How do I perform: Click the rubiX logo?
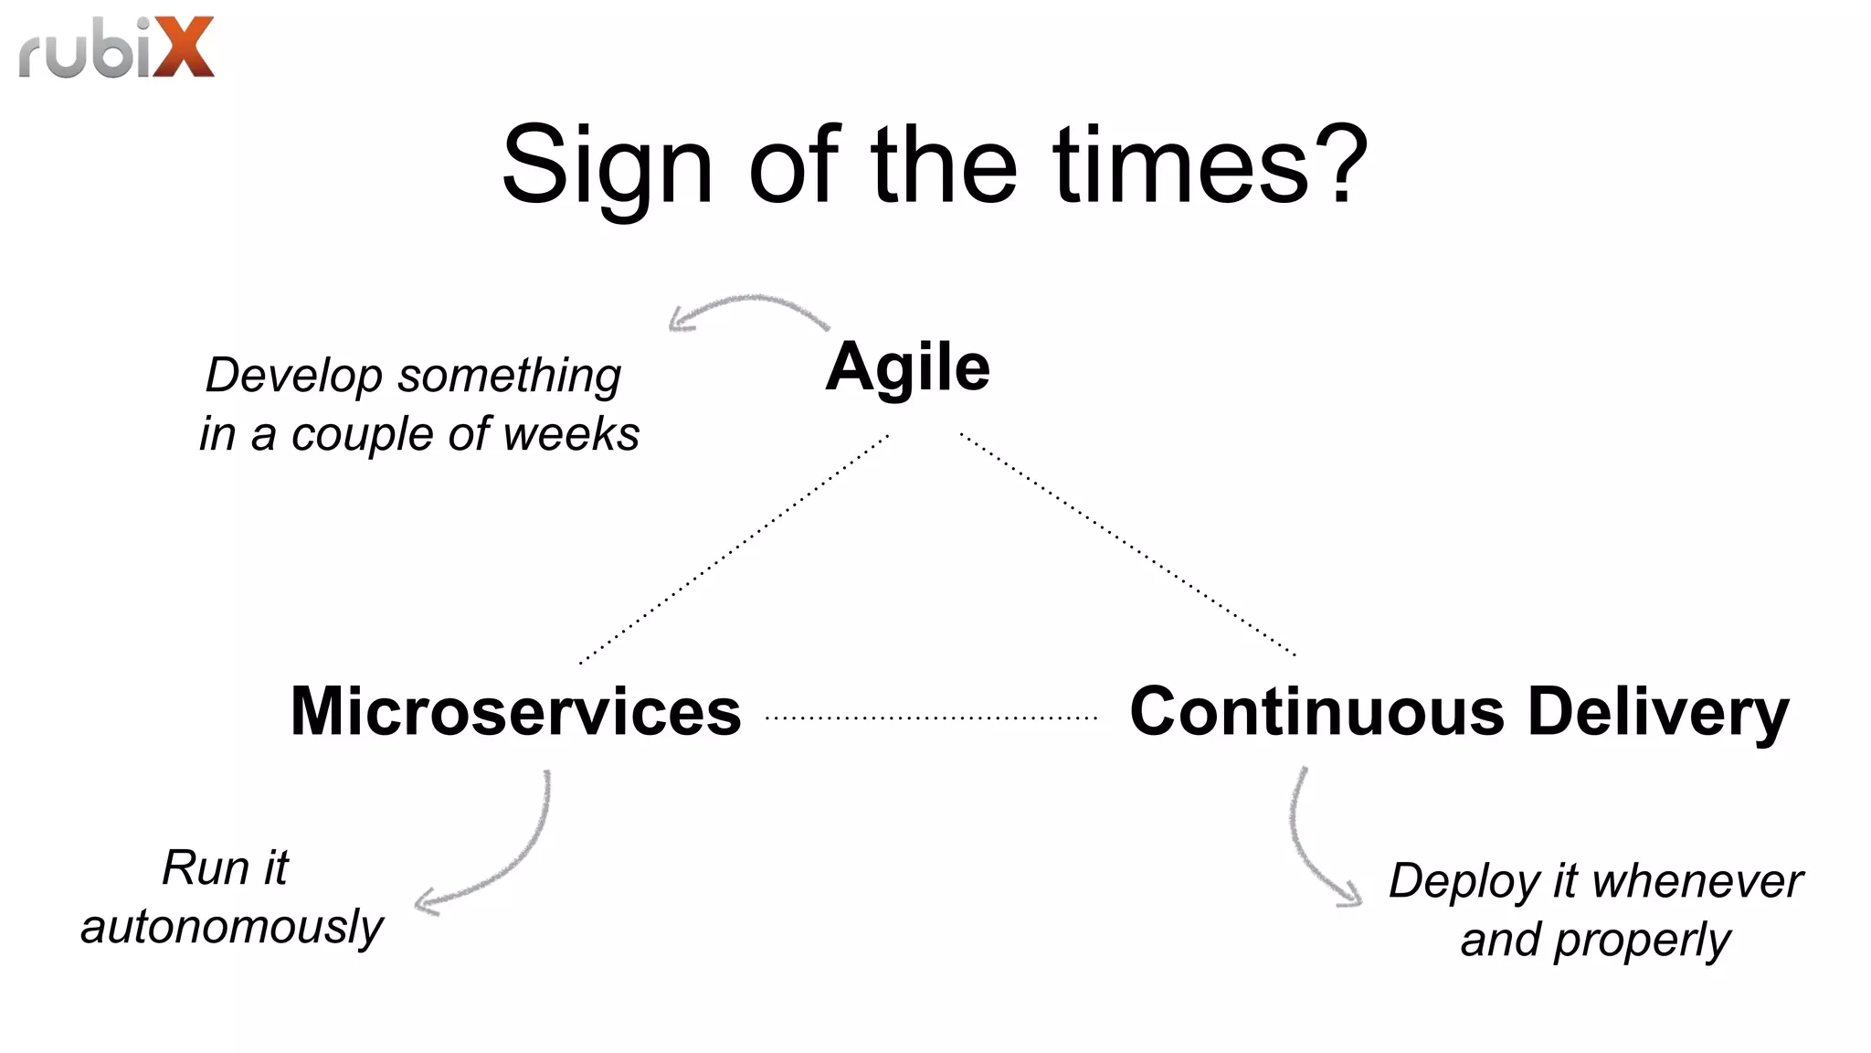[116, 48]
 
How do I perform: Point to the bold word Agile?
[907, 367]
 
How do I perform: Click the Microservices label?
[515, 711]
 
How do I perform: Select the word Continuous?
[1316, 711]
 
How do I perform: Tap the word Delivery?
[1658, 713]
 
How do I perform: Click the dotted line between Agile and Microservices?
[734, 548]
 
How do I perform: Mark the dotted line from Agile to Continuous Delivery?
[1127, 545]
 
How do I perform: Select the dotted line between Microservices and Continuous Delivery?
[931, 718]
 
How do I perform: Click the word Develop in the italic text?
[294, 377]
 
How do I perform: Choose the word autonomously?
[232, 928]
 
